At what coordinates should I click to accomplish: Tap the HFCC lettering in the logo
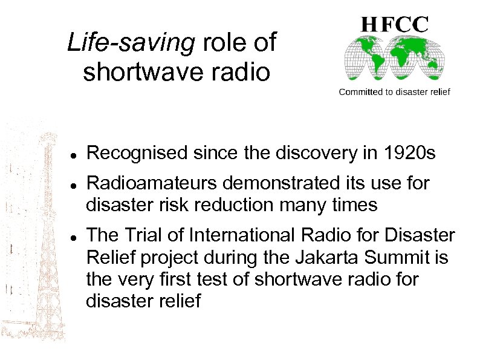tap(395, 24)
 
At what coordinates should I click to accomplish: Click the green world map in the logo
tap(395, 60)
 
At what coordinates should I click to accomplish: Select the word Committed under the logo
tap(360, 92)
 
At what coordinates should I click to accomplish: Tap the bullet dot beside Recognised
tap(72, 155)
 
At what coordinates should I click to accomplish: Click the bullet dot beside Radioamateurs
tap(72, 183)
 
